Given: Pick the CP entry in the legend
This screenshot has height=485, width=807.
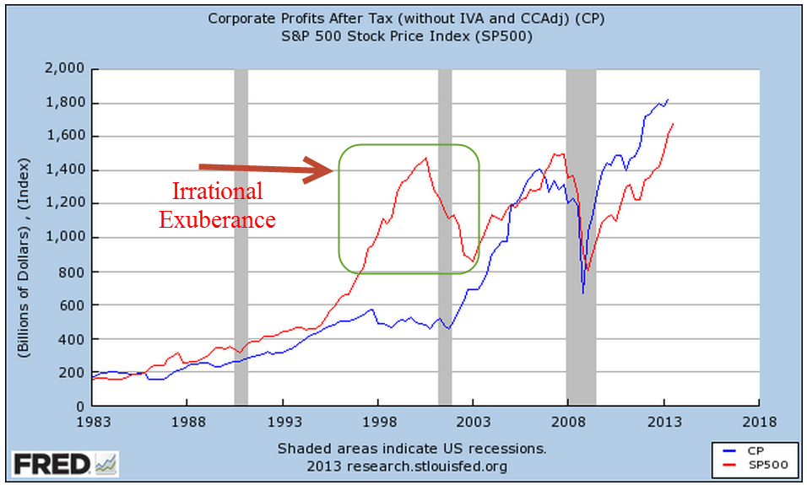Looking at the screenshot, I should click(x=741, y=452).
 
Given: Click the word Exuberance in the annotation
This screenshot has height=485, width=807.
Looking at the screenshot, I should click(x=218, y=220).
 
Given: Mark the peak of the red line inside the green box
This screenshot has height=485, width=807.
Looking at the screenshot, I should click(x=425, y=158).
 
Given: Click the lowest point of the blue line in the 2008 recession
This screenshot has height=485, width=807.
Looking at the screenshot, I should click(x=582, y=292).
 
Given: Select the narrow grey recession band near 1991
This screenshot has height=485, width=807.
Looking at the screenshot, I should click(x=241, y=236).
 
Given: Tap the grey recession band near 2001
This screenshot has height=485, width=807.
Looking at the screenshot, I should click(x=445, y=236).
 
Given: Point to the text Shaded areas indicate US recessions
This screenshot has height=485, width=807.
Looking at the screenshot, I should click(x=412, y=448).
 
